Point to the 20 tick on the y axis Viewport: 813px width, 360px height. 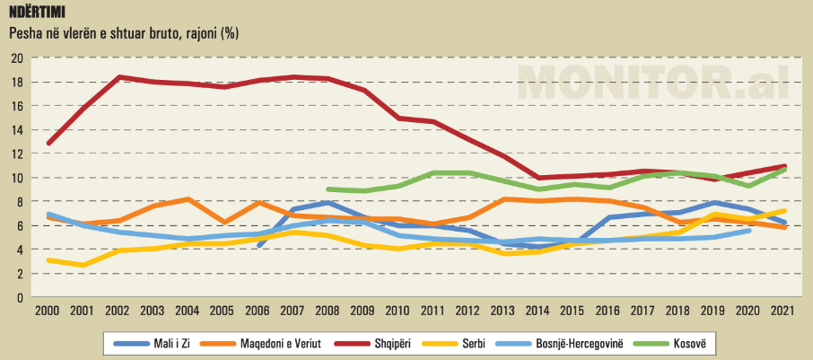17,58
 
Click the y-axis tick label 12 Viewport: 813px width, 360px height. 17,154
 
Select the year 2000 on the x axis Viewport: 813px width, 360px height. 47,310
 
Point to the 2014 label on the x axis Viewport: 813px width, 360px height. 538,310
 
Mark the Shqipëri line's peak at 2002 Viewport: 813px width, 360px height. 118,77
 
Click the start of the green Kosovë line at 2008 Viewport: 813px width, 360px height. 328,189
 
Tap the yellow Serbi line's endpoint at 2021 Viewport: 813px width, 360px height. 786,211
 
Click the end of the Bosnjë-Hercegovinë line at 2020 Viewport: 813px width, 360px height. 749,231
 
